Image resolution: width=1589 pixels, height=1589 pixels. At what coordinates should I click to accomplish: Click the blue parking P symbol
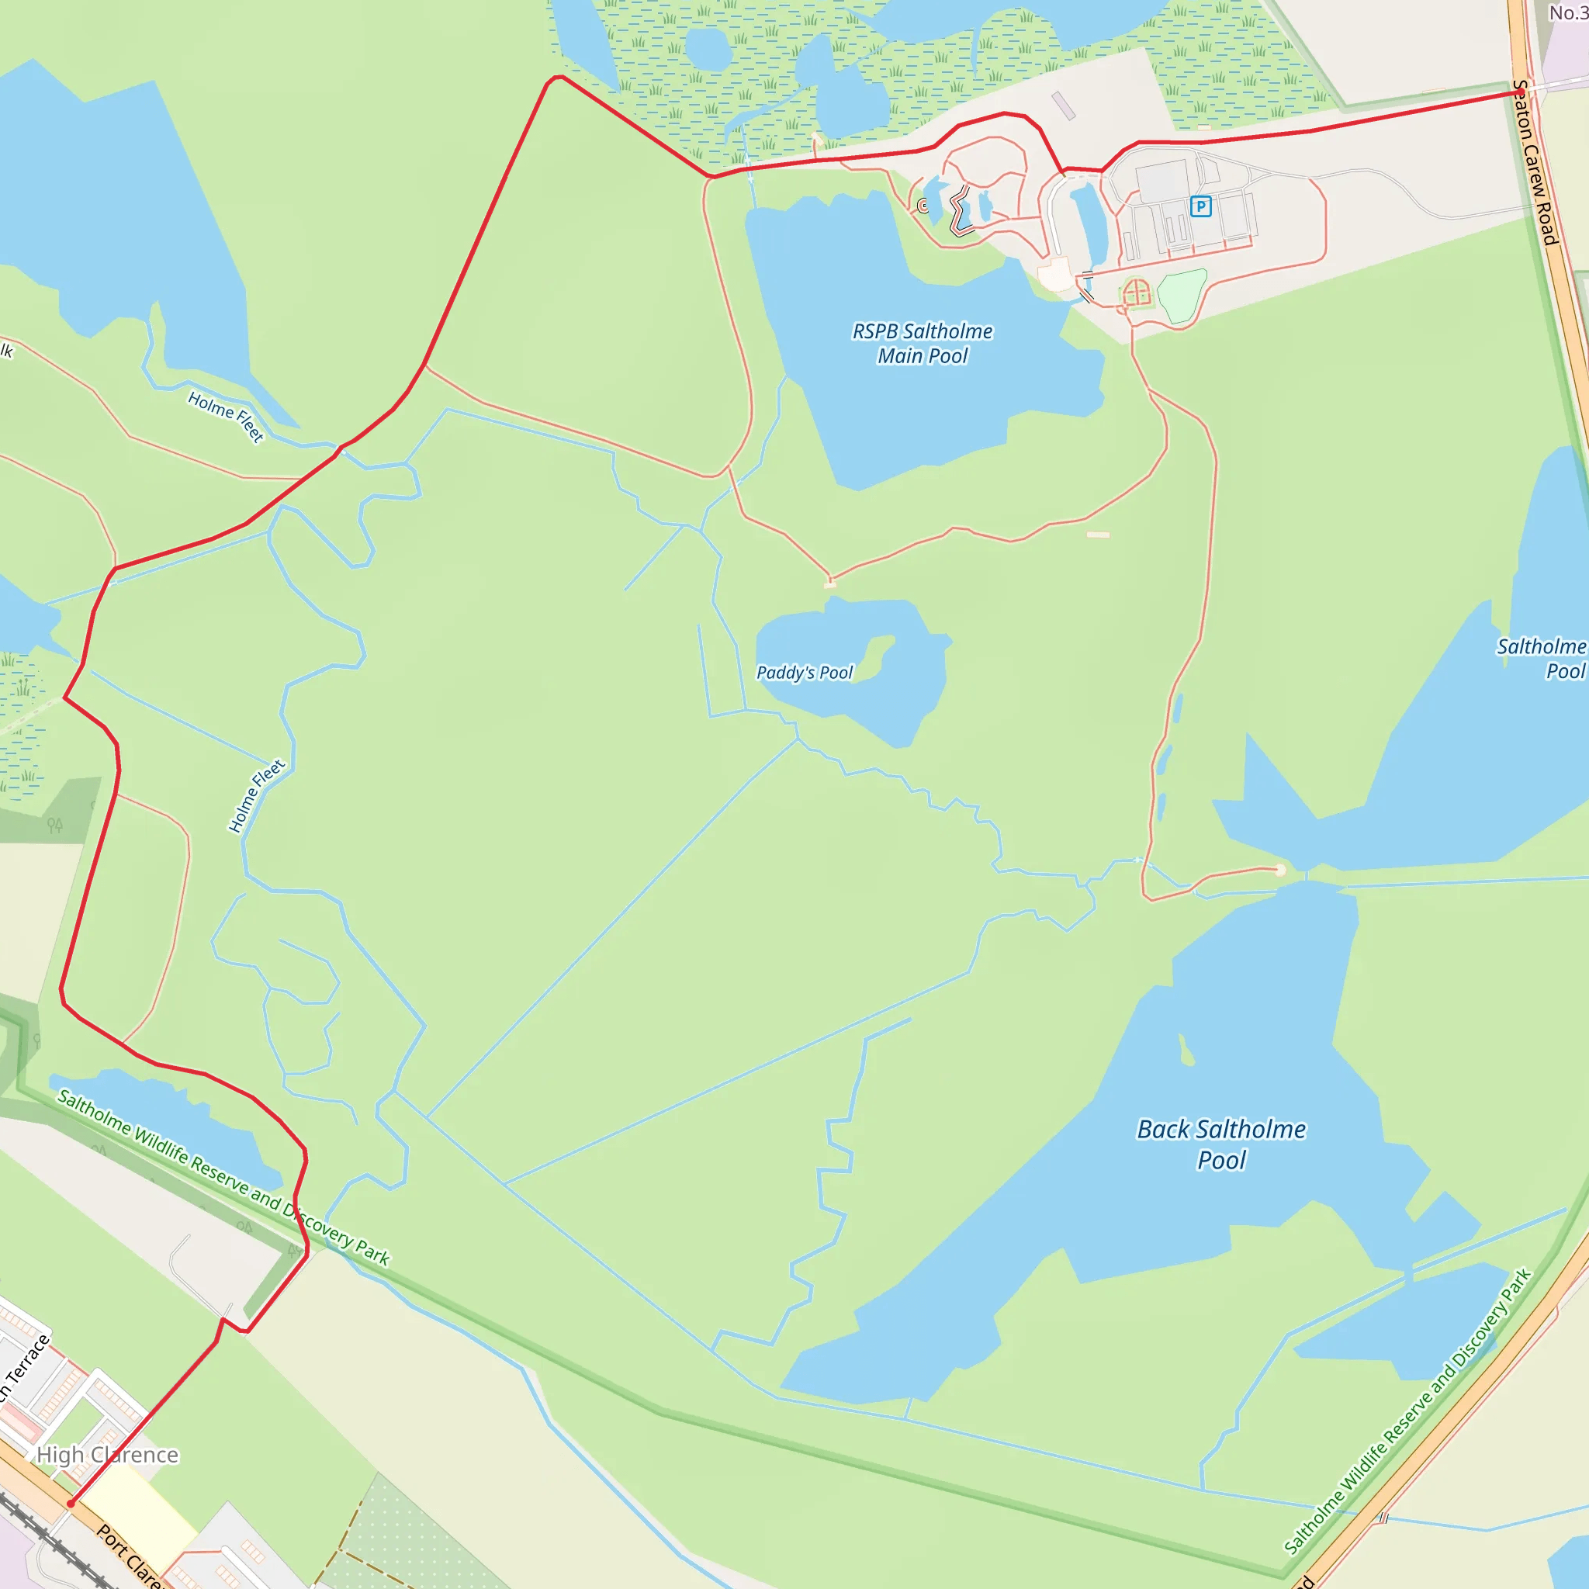click(x=1201, y=206)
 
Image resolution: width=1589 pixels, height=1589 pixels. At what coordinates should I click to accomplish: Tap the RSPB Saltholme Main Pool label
click(x=922, y=344)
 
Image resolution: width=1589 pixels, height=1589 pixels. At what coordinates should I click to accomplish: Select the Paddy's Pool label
click(x=805, y=673)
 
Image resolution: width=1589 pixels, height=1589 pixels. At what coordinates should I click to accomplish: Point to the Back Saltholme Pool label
click(x=1220, y=1144)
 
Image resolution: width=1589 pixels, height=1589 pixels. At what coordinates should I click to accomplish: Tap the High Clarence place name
click(x=108, y=1455)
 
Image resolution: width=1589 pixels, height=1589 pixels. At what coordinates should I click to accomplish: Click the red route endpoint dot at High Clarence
click(x=71, y=1504)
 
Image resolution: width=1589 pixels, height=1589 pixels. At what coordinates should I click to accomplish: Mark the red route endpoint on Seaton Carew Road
click(x=1521, y=92)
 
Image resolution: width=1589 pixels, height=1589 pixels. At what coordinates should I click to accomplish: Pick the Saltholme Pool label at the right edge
click(x=1542, y=659)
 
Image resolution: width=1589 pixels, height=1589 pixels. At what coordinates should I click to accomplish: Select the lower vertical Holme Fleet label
click(x=256, y=795)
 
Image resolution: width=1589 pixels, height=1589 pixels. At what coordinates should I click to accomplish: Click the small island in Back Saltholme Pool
click(x=1186, y=1051)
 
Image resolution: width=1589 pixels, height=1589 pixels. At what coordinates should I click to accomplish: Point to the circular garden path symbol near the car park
click(x=1136, y=292)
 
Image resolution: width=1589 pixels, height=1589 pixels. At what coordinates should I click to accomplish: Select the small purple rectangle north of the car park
click(x=1064, y=106)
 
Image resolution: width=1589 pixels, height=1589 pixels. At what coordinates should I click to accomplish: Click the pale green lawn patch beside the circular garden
click(x=1182, y=294)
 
